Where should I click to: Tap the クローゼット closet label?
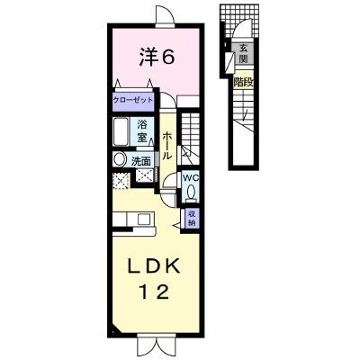(x=133, y=100)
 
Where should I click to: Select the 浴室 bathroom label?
(x=141, y=131)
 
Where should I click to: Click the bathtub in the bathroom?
(x=121, y=131)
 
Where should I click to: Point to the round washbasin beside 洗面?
(x=120, y=159)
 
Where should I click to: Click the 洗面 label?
(x=141, y=162)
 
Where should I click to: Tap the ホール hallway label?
(x=167, y=146)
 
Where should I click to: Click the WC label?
(x=191, y=177)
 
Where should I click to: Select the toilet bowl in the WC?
(x=191, y=192)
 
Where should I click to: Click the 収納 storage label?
(x=192, y=218)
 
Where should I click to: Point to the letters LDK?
(x=154, y=265)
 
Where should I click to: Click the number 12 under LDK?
(x=154, y=292)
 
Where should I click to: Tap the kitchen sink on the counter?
(x=142, y=220)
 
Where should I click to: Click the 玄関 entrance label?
(x=243, y=53)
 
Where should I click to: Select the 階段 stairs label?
(x=244, y=82)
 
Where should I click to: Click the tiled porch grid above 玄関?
(x=239, y=21)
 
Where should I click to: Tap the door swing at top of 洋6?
(x=165, y=15)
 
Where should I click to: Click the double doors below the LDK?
(x=156, y=345)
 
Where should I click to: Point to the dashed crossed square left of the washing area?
(x=121, y=181)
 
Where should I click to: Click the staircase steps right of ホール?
(x=190, y=138)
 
